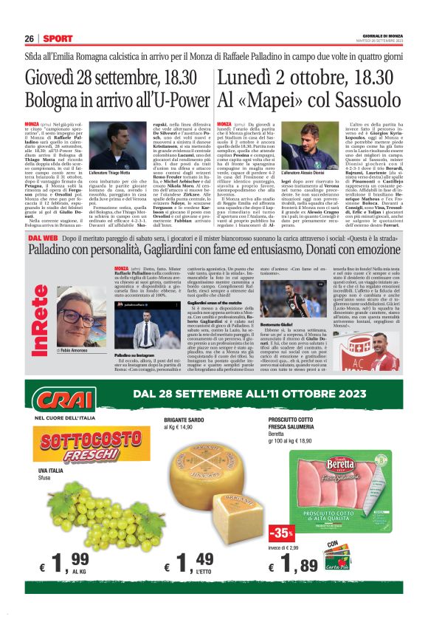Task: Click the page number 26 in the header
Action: pyautogui.click(x=30, y=38)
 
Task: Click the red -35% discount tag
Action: pyautogui.click(x=281, y=532)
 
